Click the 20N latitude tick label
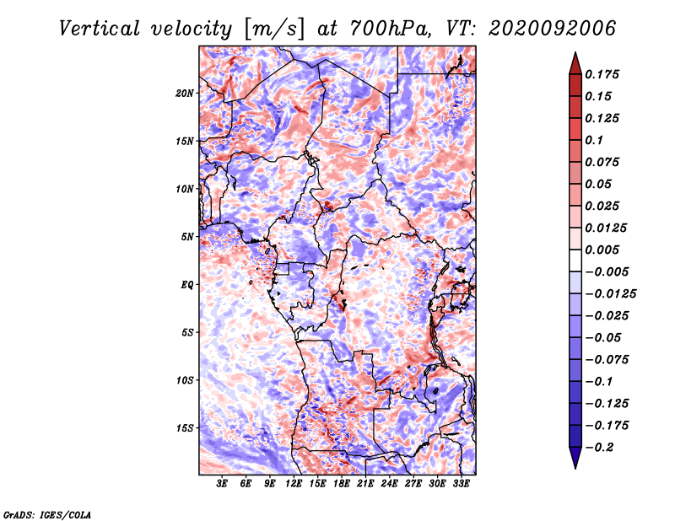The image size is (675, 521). point(184,94)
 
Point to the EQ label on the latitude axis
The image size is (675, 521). point(186,285)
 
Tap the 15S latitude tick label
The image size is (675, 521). point(184,428)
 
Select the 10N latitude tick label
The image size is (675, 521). point(184,189)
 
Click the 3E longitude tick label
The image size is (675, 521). point(222,484)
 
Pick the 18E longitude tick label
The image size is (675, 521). point(342,484)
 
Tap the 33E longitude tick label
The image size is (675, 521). point(461,484)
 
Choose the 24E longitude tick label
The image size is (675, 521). point(389,484)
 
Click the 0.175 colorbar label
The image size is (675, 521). point(602,74)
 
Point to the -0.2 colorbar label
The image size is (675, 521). point(600,448)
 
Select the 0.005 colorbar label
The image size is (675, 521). point(602,250)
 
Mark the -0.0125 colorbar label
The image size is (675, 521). point(611,294)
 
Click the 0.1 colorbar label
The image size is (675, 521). point(595,140)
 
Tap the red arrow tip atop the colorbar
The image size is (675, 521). point(575,53)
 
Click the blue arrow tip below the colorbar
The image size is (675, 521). point(575,467)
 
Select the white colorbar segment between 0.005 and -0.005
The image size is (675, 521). point(575,260)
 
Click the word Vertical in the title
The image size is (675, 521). point(100,29)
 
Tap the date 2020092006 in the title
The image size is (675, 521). point(552,29)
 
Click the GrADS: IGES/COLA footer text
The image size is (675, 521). point(47,515)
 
